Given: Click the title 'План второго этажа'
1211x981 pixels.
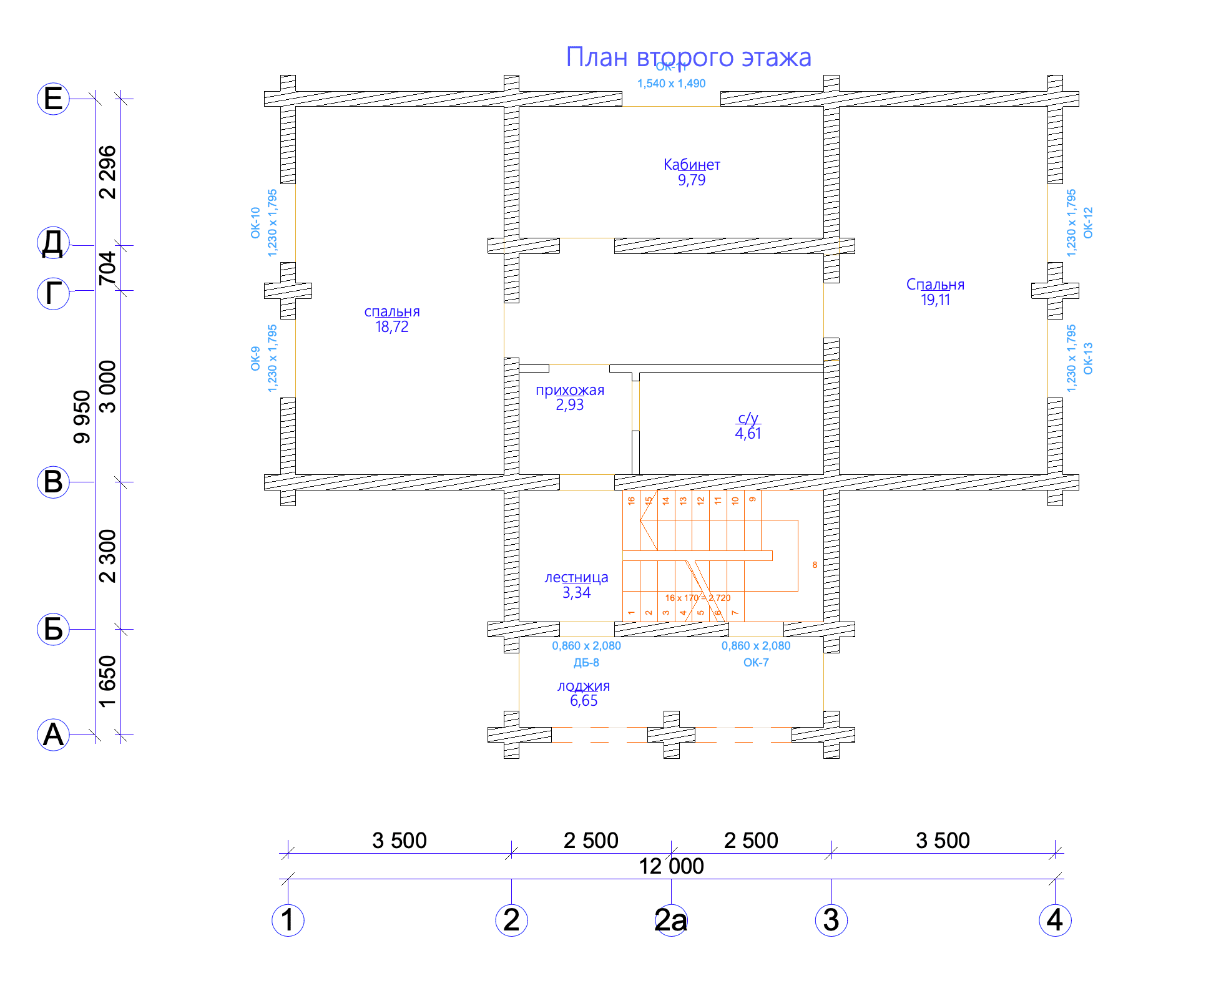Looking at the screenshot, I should click(x=688, y=57).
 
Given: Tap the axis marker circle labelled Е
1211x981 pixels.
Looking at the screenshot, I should click(x=53, y=99).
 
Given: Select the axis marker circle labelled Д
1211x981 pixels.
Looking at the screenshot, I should click(x=53, y=243).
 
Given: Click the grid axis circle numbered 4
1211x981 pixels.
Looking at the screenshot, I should click(x=1055, y=920).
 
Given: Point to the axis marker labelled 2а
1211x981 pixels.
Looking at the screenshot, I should click(x=671, y=920).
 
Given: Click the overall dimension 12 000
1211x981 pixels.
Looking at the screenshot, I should click(x=671, y=866).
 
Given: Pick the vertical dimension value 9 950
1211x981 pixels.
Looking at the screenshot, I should click(x=82, y=417).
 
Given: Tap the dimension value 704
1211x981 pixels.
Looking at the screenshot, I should click(x=107, y=268).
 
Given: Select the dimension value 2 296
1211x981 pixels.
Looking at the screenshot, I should click(x=107, y=172).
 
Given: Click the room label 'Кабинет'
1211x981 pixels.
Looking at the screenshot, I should click(x=692, y=165).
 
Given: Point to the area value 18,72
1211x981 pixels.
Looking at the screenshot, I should click(x=391, y=327).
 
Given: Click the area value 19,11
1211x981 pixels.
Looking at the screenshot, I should click(x=935, y=300).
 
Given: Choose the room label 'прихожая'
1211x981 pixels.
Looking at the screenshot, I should click(x=570, y=391).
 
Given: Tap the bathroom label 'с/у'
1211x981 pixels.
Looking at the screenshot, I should click(x=748, y=418).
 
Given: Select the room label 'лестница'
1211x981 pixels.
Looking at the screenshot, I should click(x=576, y=578).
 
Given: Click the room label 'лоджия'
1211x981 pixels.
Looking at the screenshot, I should click(x=584, y=686).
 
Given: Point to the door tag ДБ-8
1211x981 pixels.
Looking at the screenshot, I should click(x=586, y=663).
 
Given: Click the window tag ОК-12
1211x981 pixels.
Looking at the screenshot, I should click(x=1088, y=223).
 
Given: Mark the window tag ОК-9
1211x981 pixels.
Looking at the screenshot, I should click(x=255, y=358).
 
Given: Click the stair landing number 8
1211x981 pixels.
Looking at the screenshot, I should click(x=815, y=565).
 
